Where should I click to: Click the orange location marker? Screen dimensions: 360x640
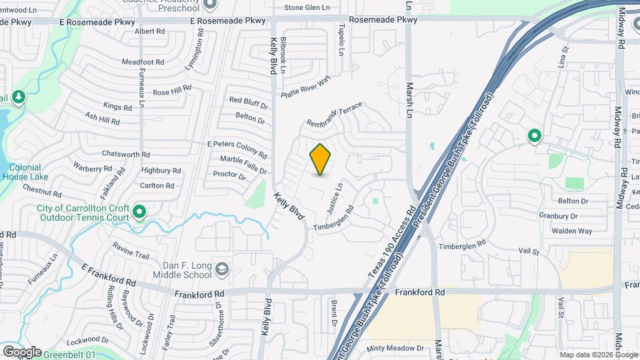(321, 159)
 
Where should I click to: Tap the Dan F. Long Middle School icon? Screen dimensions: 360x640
(221, 269)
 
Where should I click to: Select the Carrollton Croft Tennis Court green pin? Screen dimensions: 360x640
(139, 213)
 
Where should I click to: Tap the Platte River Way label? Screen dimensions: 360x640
(305, 88)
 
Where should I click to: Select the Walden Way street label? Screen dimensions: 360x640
(571, 231)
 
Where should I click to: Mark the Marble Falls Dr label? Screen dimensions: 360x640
(244, 159)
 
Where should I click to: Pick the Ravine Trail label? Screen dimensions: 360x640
(131, 255)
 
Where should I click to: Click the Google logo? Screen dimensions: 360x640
(21, 352)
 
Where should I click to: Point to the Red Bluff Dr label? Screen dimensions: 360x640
(248, 101)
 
